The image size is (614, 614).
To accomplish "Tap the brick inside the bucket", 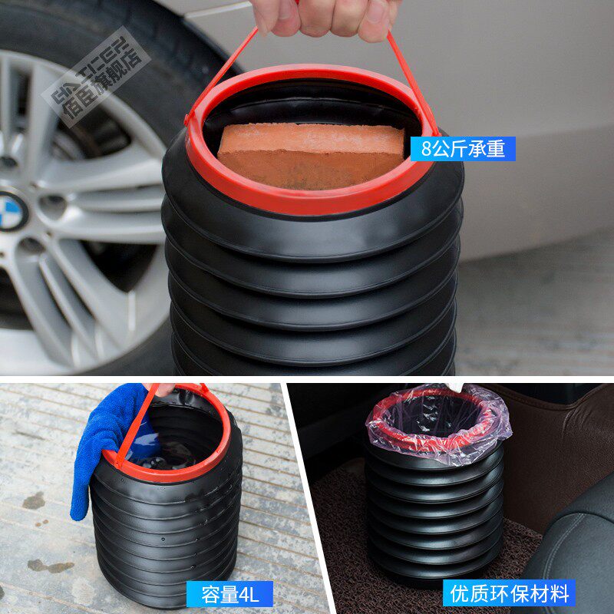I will click(310, 153).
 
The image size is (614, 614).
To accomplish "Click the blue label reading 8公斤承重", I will click(463, 148).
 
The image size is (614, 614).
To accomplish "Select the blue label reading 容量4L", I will click(229, 593).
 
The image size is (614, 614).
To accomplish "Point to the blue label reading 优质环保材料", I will click(509, 593).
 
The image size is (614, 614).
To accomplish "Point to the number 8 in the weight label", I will click(425, 148).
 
